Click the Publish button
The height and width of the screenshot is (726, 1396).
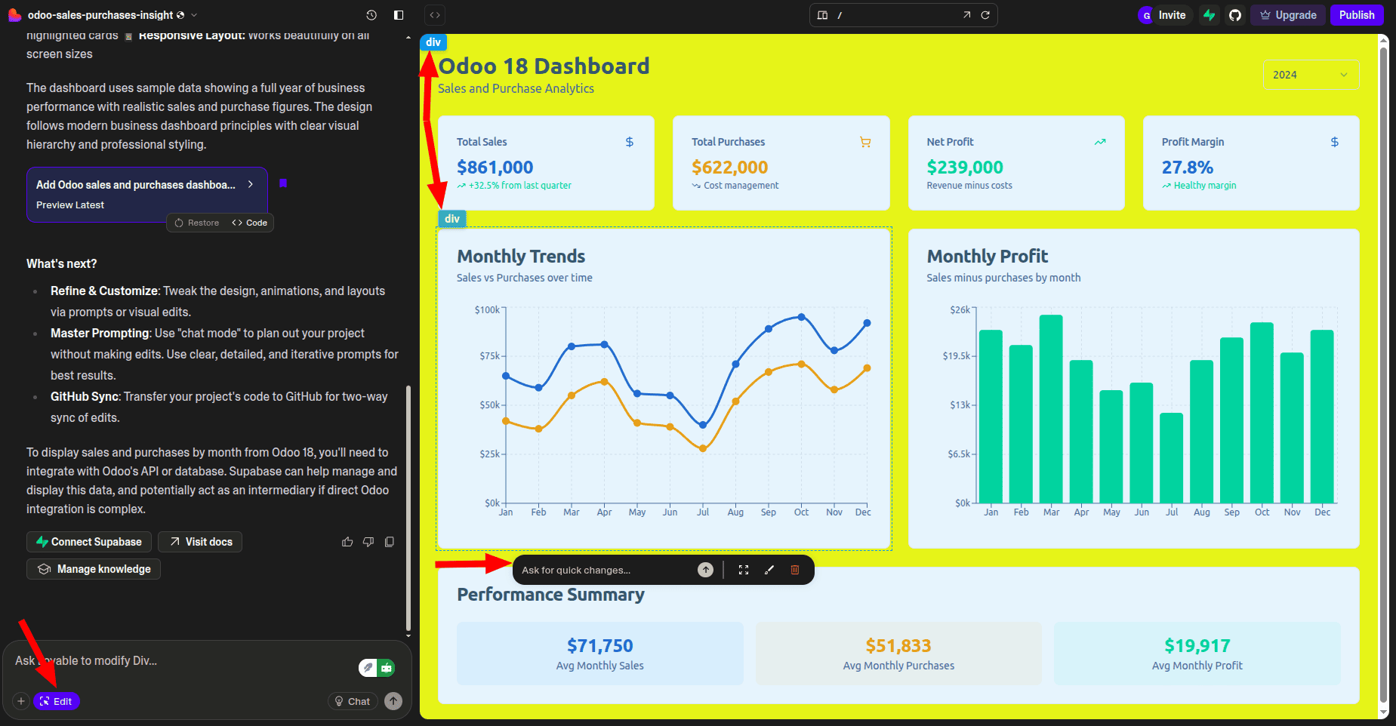(1356, 15)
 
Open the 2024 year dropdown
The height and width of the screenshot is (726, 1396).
(1310, 75)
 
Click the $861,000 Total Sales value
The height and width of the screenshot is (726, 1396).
(495, 168)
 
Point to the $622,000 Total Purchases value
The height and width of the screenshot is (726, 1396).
(729, 168)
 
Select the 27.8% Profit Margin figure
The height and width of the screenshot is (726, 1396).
(1187, 168)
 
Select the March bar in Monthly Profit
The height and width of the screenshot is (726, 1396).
(1051, 408)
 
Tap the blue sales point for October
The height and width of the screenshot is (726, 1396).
(801, 318)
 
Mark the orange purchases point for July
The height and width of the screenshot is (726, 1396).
(703, 448)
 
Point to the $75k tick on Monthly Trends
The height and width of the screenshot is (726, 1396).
(489, 356)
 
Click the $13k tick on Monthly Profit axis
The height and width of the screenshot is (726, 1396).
(960, 405)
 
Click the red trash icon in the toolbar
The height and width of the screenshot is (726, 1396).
(794, 570)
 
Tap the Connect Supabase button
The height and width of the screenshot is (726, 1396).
(89, 542)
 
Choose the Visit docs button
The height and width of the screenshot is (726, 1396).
(200, 542)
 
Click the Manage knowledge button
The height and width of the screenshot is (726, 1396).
(94, 569)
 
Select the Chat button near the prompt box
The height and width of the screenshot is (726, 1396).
(352, 701)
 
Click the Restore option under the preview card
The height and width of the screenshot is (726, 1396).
(197, 223)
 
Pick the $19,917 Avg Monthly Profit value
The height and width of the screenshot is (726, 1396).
(1197, 646)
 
